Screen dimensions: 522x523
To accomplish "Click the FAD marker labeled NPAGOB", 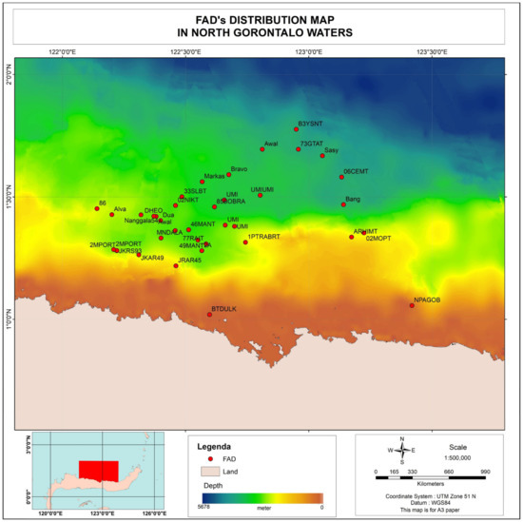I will pos(412,305).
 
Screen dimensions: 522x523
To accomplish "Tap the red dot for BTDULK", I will pos(209,314).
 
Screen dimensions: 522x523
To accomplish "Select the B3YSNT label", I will pos(310,124).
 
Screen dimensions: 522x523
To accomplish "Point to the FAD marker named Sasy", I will pos(322,155).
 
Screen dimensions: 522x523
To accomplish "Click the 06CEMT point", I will pos(341,177).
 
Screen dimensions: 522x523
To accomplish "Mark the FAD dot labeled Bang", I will pos(343,204).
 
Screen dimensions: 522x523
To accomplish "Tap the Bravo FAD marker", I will pos(229,174).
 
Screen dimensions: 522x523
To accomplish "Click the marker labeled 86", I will pos(97,208).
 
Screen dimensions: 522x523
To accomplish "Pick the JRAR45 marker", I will pos(176,265).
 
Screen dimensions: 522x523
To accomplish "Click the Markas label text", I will pos(215,176).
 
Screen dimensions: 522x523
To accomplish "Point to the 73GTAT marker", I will pos(299,149).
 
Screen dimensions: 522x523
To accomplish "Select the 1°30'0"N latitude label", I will pos(10,197).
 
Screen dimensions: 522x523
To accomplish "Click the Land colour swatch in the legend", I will pos(210,472).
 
